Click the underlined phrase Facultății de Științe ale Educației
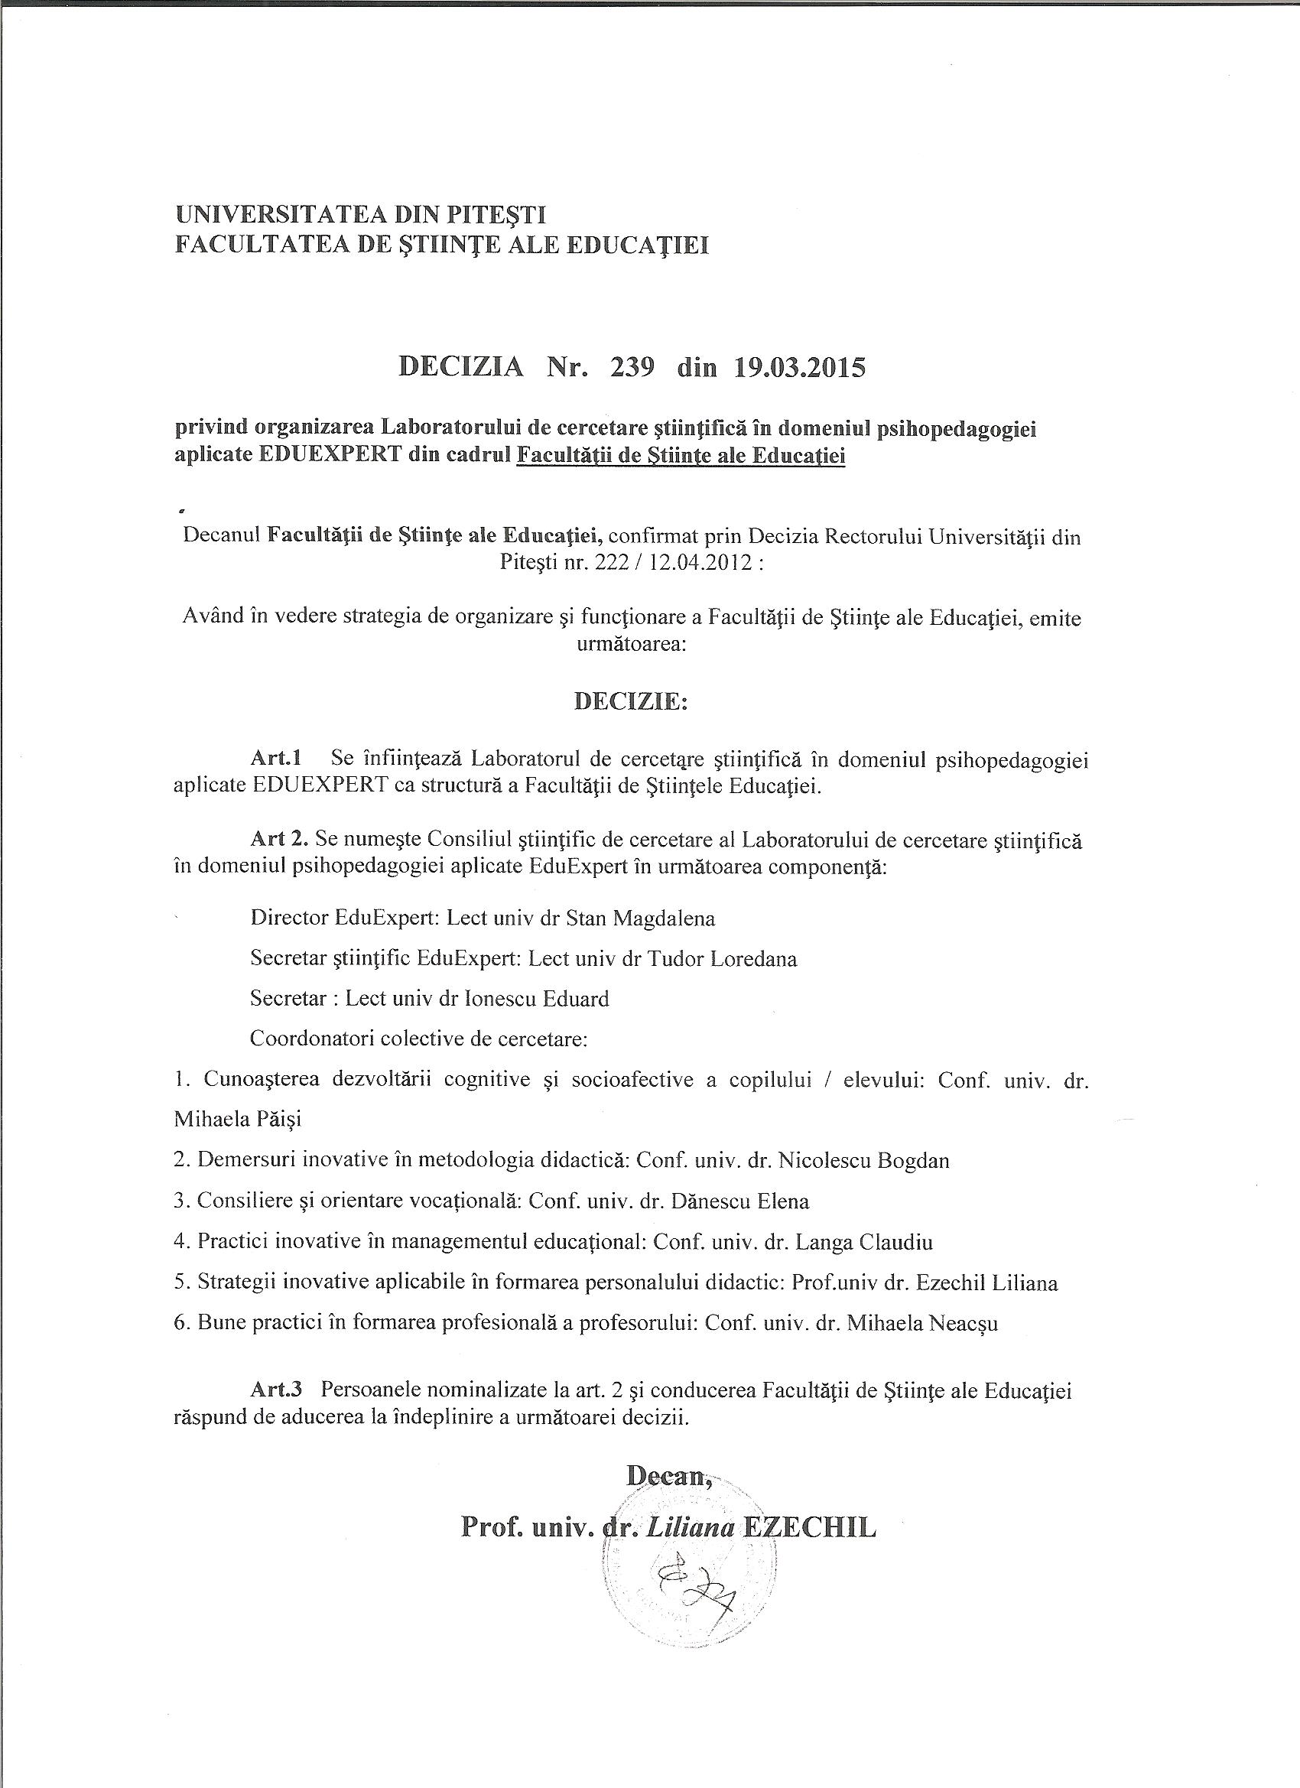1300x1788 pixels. [x=681, y=457]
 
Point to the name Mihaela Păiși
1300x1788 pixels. [x=228, y=1120]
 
